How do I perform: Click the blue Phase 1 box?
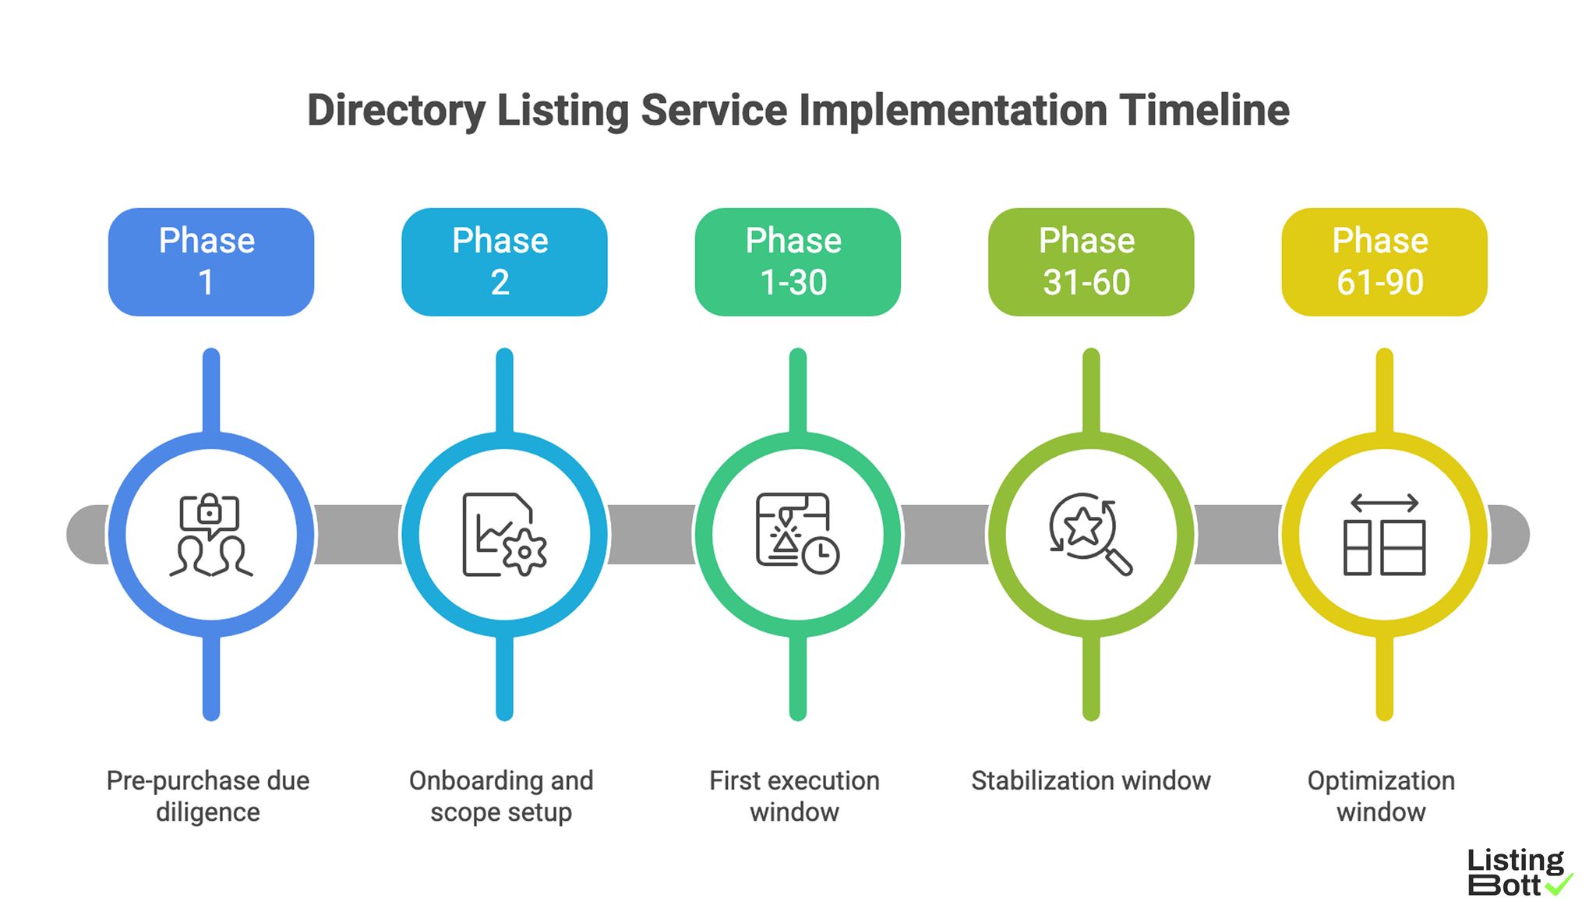[210, 262]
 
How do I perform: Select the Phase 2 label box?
[503, 262]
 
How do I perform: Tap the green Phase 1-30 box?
[797, 262]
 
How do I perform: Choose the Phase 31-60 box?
[1090, 262]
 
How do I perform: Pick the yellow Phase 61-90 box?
[1384, 262]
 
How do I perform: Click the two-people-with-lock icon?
[210, 535]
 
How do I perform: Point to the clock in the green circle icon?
[820, 555]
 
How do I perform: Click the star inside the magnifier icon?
[1082, 526]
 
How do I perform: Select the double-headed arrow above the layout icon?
[1384, 503]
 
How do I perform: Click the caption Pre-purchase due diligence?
[208, 796]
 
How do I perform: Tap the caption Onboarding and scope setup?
[501, 796]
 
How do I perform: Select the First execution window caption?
[794, 796]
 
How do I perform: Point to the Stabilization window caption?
[1090, 780]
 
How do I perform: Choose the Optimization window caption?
[1381, 796]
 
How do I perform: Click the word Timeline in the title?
[1204, 110]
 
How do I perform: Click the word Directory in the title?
[396, 110]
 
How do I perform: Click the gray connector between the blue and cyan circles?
[358, 535]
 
